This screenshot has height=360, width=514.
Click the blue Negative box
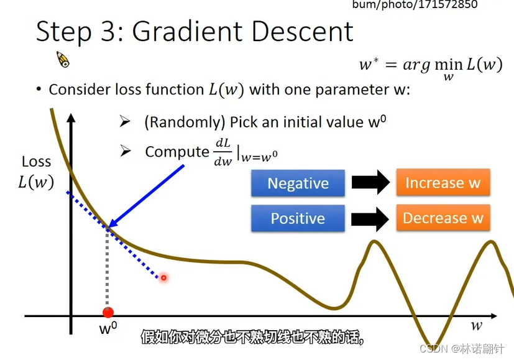tap(298, 183)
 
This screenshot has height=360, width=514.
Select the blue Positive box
tap(298, 218)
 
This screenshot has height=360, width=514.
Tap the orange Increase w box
tap(443, 182)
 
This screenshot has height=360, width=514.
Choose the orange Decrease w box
tap(443, 218)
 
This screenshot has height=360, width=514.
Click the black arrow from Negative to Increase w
tap(371, 182)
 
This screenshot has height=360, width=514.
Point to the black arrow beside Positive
tap(370, 219)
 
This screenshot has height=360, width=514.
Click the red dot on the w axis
tap(108, 313)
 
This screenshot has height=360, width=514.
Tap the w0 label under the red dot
tap(108, 328)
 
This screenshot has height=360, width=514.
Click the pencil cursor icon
tap(63, 59)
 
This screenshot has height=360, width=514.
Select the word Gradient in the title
tap(187, 32)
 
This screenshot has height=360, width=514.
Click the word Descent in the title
tap(302, 32)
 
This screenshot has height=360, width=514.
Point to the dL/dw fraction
tap(223, 152)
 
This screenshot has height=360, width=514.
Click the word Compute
tap(177, 152)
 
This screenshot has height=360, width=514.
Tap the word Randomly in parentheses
tap(185, 122)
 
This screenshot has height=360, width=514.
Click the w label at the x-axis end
tap(476, 326)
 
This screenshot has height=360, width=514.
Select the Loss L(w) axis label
tap(36, 172)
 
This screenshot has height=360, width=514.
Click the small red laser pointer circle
tap(163, 278)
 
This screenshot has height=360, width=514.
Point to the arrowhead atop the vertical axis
tap(71, 118)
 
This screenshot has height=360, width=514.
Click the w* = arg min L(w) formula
tap(431, 68)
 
